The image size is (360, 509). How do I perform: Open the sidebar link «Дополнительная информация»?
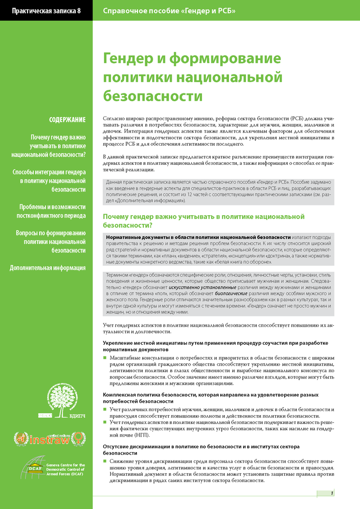(x=48, y=267)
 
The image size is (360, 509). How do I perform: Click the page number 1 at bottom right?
(x=332, y=492)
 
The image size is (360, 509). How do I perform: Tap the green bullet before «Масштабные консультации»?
(x=105, y=358)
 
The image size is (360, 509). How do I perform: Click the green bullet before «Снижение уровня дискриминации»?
(x=105, y=461)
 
